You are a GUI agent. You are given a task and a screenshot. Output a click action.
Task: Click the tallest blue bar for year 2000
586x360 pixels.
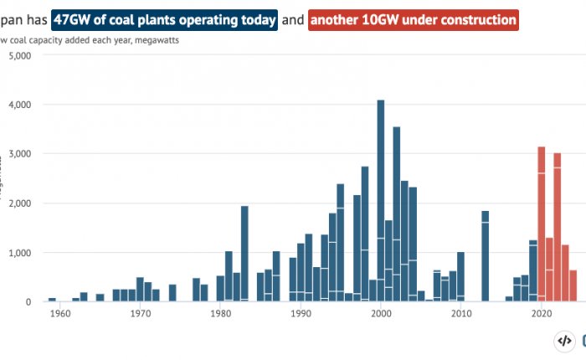[381, 201]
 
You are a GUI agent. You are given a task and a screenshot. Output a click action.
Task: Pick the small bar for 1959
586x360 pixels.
[52, 299]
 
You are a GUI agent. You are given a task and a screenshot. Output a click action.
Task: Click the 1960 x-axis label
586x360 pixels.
[59, 314]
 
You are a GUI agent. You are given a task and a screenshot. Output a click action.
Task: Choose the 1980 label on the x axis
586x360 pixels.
[220, 314]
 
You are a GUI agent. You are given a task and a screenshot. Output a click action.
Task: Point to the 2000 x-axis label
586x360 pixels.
[381, 314]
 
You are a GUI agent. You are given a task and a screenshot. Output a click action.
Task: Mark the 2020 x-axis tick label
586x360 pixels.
[542, 314]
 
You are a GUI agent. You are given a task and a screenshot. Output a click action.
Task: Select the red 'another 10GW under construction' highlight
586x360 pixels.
[414, 18]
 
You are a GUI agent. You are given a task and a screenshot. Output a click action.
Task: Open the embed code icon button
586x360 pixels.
[564, 341]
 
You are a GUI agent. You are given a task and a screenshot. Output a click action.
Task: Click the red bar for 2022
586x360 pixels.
[558, 227]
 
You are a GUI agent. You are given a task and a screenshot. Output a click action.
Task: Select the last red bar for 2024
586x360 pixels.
[573, 285]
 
